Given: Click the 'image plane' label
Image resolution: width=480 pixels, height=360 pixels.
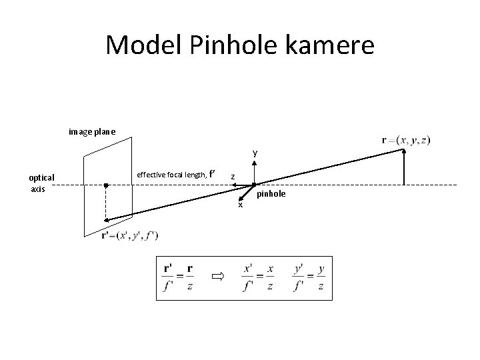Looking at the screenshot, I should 92,131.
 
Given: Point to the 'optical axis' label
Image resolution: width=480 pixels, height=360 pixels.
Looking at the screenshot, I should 41,183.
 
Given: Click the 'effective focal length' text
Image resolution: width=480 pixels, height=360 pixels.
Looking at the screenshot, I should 171,175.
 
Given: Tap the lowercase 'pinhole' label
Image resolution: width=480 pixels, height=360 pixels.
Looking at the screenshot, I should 272,193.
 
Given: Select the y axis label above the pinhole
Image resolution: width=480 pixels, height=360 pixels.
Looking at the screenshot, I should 255,153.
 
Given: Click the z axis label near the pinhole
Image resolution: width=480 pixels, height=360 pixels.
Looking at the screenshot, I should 232,177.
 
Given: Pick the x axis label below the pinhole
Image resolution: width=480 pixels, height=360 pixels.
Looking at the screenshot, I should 241,205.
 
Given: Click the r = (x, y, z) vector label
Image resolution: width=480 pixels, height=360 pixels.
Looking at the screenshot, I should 406,140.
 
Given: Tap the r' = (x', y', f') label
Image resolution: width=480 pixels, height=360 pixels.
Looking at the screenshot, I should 129,235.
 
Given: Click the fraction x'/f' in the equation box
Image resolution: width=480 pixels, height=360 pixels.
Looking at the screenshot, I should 248,277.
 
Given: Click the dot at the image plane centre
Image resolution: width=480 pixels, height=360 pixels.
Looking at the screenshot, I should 105,184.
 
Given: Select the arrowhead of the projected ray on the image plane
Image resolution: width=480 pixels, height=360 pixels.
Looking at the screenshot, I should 106,220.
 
